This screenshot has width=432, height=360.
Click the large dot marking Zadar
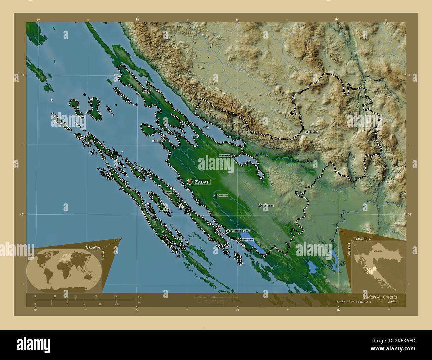[190, 182]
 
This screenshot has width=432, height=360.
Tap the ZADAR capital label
[202, 182]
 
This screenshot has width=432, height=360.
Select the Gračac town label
[314, 132]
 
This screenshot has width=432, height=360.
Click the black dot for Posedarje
[233, 156]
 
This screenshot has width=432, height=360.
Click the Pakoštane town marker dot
[239, 239]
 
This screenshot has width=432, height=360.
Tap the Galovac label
[223, 196]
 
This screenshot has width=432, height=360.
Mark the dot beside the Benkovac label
[260, 206]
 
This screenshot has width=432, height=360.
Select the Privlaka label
[157, 141]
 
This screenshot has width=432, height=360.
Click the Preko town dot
[175, 193]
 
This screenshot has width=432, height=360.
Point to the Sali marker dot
[170, 232]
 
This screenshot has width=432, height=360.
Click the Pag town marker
[149, 91]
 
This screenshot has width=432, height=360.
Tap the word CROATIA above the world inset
[92, 247]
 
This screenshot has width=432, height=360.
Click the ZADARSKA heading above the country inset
[362, 239]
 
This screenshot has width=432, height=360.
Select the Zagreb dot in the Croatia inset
[375, 251]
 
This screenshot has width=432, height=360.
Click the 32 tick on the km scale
[116, 296]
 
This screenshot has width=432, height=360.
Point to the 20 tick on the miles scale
[116, 304]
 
